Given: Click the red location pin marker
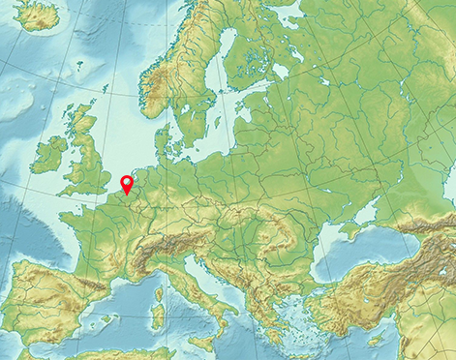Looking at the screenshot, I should (x=126, y=183).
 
